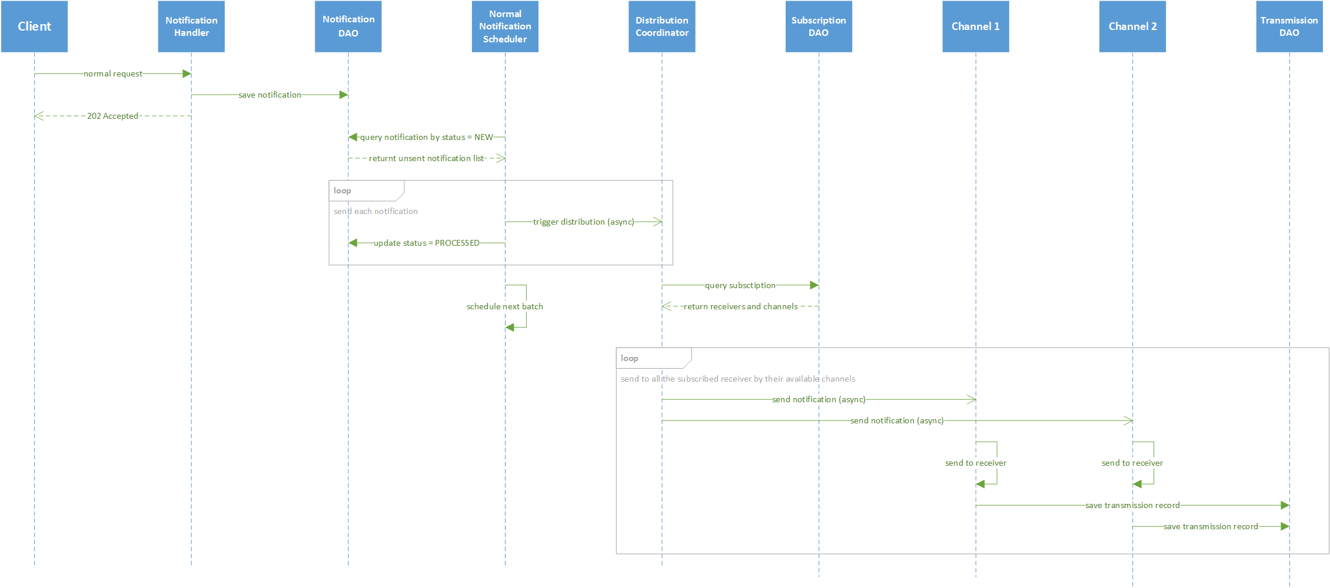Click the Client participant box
point(34,26)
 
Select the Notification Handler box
point(191,26)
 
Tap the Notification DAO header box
point(348,26)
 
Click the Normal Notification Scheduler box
point(505,26)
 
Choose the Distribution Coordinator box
point(662,26)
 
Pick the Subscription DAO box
point(819,26)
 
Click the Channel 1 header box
point(976,26)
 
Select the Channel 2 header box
point(1132,26)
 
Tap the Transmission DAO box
point(1289,26)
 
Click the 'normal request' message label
point(113,73)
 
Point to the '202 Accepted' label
point(112,116)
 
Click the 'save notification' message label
point(270,95)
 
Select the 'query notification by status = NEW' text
point(427,137)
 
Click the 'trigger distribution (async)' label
point(583,222)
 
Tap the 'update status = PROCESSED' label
point(427,243)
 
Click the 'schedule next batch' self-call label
point(505,306)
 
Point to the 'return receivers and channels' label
point(740,306)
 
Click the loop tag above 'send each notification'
point(343,191)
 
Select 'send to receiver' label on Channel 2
point(1132,463)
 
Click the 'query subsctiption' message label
point(740,285)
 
